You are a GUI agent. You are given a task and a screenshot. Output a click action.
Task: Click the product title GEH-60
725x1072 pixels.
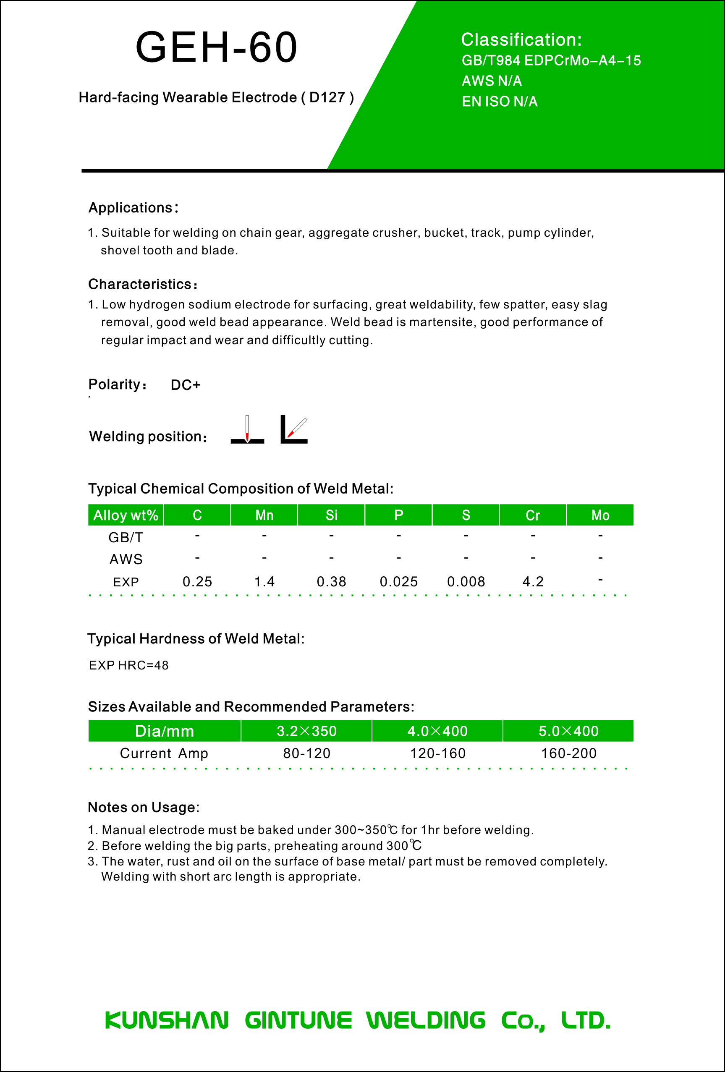click(x=216, y=47)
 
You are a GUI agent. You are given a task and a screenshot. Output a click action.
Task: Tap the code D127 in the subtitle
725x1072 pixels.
click(x=327, y=97)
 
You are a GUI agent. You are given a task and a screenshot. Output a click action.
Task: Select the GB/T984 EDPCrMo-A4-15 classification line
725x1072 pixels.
click(x=551, y=60)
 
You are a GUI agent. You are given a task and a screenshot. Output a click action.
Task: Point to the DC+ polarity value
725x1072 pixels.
click(x=186, y=385)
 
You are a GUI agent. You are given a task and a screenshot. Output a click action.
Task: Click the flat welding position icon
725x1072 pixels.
click(x=247, y=430)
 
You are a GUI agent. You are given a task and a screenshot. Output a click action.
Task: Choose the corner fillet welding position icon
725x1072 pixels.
click(x=294, y=430)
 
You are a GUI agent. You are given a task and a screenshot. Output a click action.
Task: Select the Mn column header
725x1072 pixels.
click(x=264, y=515)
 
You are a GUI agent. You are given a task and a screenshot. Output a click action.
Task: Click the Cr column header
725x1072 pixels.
click(x=533, y=515)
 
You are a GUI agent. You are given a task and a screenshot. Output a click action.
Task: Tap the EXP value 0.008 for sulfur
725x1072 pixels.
click(x=466, y=582)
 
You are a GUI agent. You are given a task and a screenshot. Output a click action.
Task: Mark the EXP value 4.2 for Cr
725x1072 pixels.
click(x=533, y=582)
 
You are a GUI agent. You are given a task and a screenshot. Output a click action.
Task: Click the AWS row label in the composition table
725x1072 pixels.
click(x=126, y=560)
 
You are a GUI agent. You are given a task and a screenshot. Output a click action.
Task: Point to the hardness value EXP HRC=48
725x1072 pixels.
click(x=129, y=665)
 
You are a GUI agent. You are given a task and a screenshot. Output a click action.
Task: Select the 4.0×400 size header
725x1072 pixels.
click(x=437, y=731)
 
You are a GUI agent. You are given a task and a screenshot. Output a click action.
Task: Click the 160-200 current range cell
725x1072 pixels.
click(x=568, y=754)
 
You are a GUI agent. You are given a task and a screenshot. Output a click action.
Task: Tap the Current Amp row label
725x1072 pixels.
click(x=164, y=754)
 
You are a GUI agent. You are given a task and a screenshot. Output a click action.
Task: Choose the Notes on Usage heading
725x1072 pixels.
click(x=144, y=807)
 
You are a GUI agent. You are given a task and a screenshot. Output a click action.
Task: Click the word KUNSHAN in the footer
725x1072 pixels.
click(x=167, y=1020)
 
